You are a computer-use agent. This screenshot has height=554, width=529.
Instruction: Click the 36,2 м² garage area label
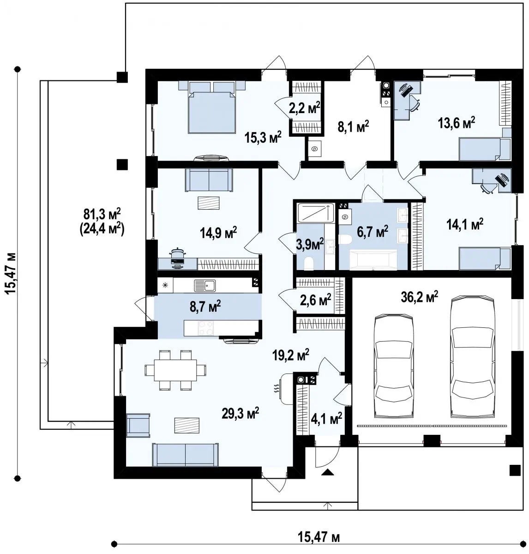pyautogui.click(x=420, y=297)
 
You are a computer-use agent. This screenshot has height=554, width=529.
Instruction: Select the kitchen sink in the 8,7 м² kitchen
pyautogui.click(x=204, y=285)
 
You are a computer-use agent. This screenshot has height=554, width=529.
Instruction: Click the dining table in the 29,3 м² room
pyautogui.click(x=175, y=370)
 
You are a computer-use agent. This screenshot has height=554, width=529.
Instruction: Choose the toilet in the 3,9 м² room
pyautogui.click(x=309, y=263)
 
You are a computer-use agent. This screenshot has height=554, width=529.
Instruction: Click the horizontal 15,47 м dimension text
pyautogui.click(x=319, y=537)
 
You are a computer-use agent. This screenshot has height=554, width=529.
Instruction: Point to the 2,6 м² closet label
pyautogui.click(x=315, y=300)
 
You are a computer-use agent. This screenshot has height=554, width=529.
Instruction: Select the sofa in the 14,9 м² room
pyautogui.click(x=209, y=180)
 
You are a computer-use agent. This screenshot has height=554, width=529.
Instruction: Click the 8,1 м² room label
pyautogui.click(x=353, y=126)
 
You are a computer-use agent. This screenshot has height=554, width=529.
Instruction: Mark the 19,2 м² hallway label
pyautogui.click(x=291, y=355)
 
